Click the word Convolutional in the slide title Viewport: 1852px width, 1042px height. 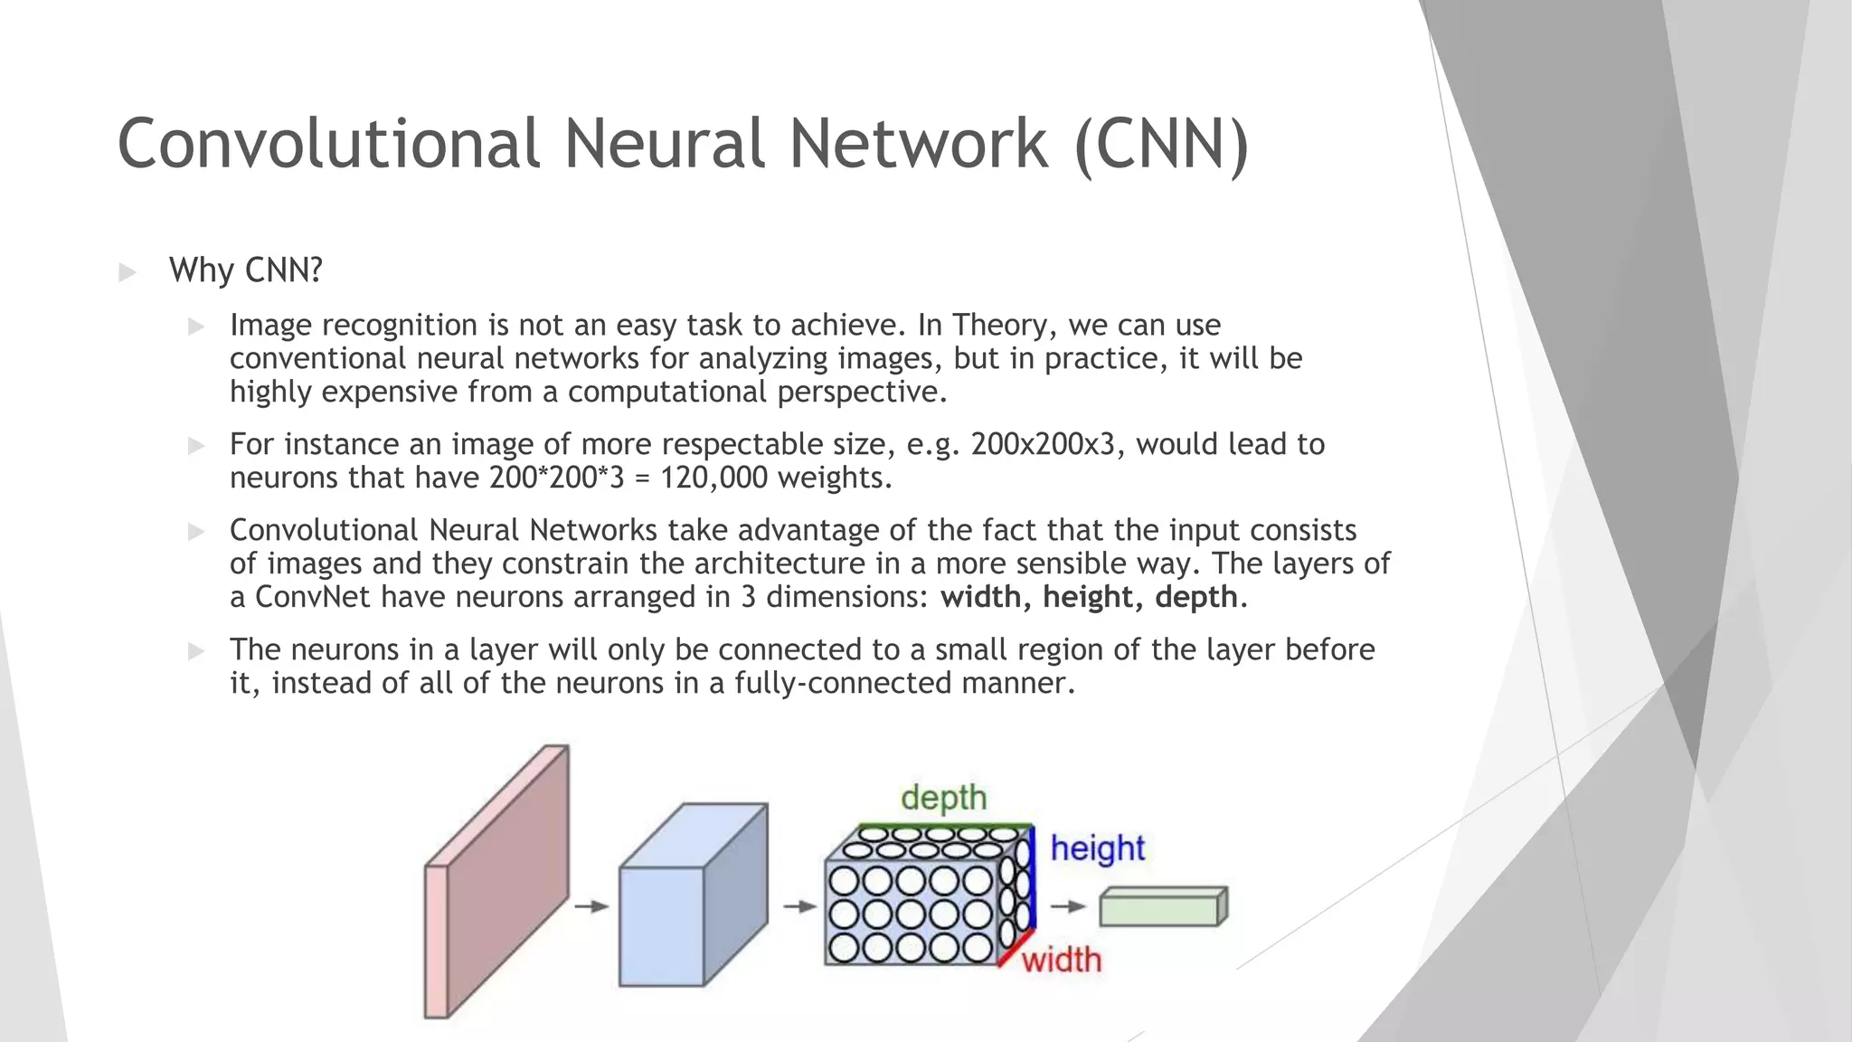[x=329, y=143]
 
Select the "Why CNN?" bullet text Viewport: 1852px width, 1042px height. [x=245, y=270]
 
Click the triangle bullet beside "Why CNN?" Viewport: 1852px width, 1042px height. [x=128, y=272]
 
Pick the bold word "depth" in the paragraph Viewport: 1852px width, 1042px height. [x=1195, y=597]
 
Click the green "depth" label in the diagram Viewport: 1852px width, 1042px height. [x=943, y=798]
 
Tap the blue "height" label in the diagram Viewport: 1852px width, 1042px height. [x=1097, y=848]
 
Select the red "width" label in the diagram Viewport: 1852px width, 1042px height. [x=1062, y=960]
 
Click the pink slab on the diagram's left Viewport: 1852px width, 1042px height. [x=496, y=882]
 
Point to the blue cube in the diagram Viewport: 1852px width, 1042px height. [x=692, y=895]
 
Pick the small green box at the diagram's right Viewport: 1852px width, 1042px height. [x=1163, y=907]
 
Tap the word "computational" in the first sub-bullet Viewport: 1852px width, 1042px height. [x=667, y=392]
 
